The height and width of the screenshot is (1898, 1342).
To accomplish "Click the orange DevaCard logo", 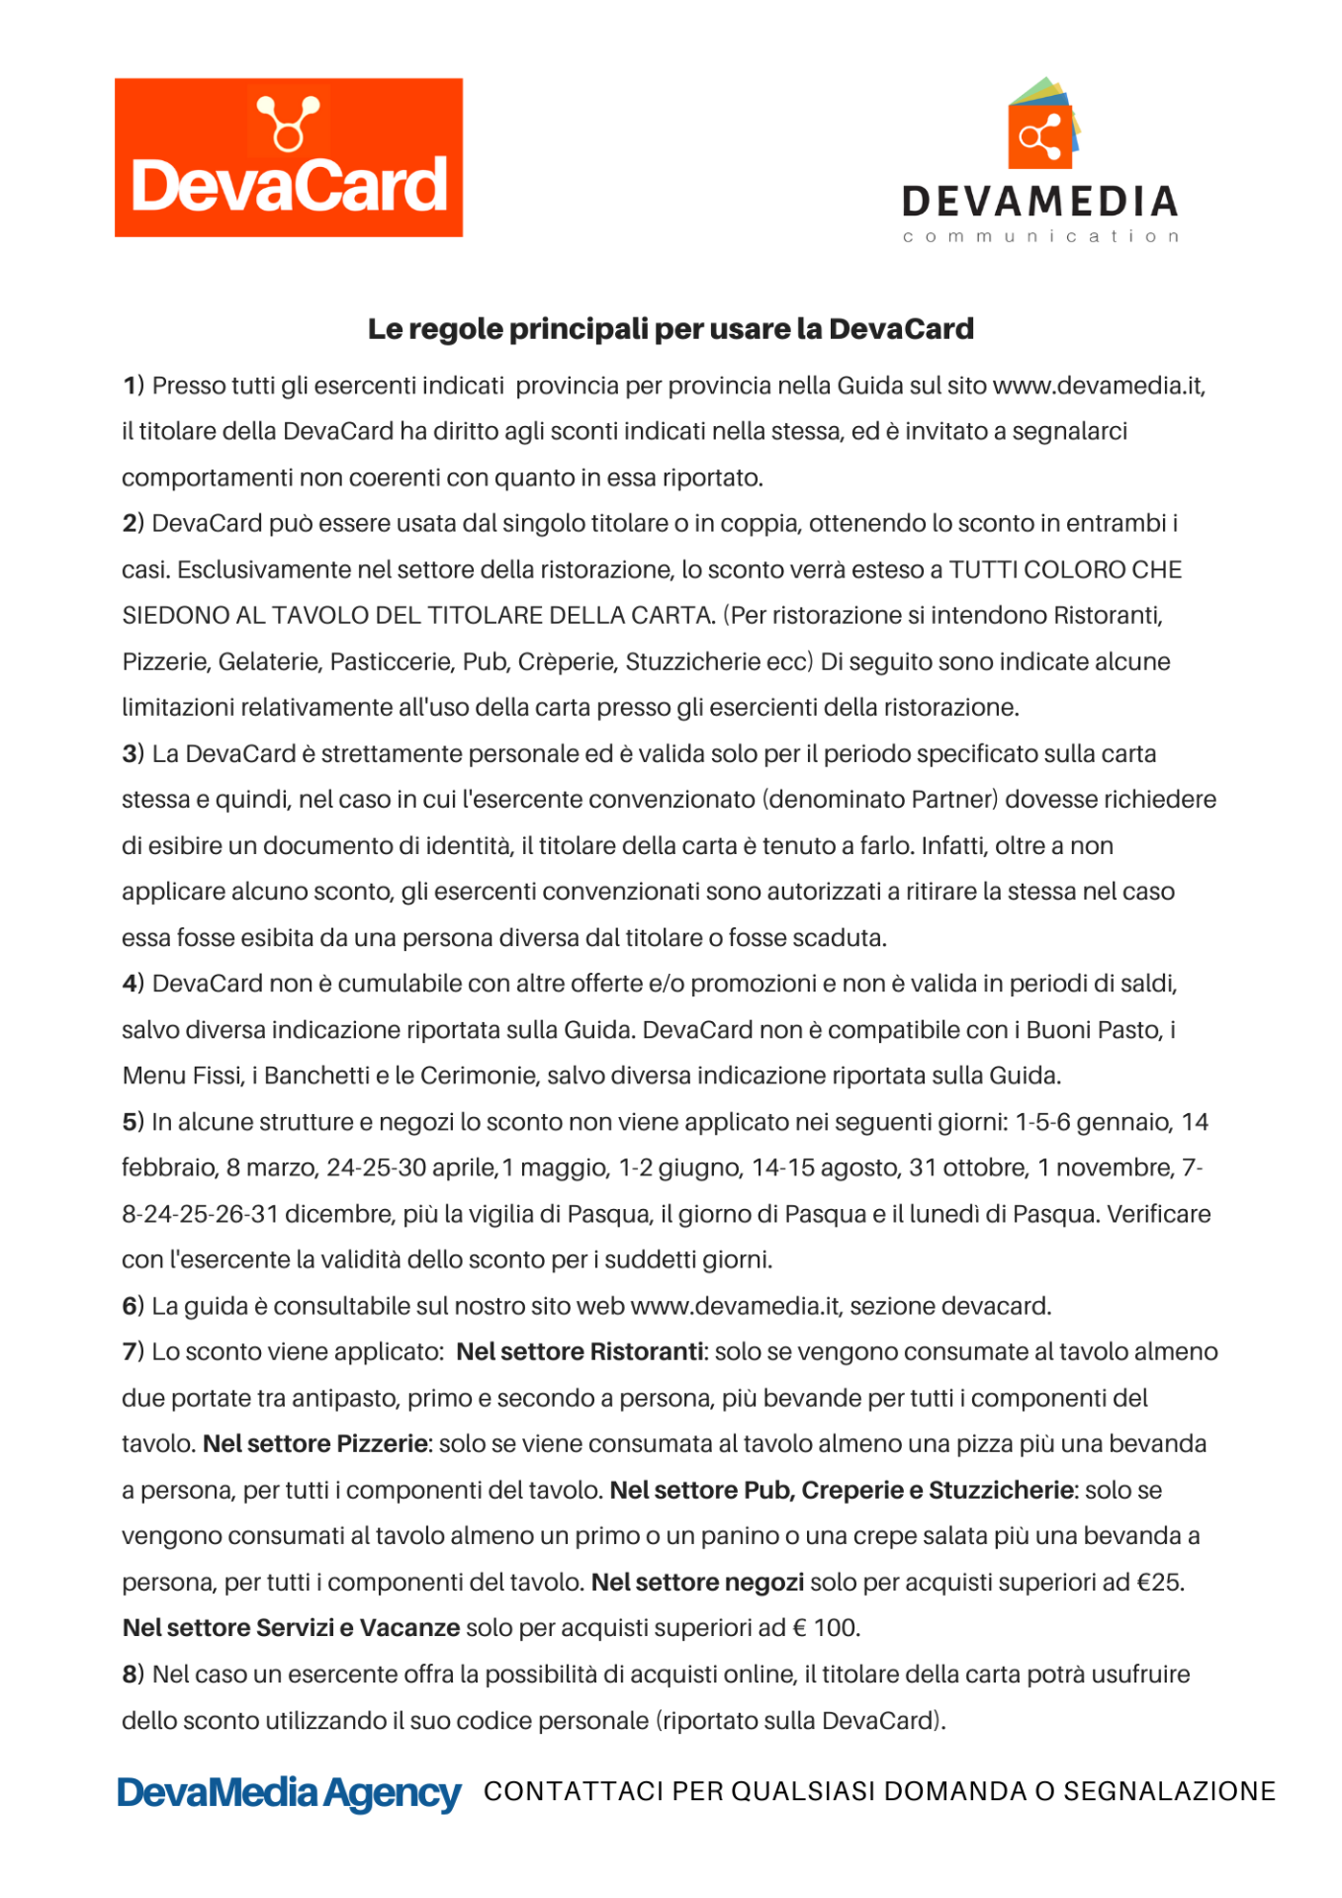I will pos(288,158).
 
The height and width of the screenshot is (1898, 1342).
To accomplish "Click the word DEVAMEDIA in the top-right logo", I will pos(1040,202).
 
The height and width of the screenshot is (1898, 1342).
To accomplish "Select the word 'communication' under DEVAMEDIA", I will pos(1040,237).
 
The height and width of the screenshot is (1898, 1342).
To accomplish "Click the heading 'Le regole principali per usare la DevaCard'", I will pos(671,329).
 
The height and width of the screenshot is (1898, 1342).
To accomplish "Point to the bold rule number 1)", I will pos(134,386).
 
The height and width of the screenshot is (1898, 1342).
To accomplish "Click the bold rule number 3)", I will pos(134,754).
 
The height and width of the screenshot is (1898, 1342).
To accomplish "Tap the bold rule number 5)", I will pos(134,1122).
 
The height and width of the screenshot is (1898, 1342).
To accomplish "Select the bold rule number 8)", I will pos(134,1675).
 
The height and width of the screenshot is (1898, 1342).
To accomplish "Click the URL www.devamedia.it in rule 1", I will pos(1098,386).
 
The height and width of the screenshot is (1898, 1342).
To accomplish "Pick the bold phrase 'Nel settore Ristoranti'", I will pos(581,1351).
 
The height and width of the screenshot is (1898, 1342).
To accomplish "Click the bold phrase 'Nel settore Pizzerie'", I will pos(315,1443).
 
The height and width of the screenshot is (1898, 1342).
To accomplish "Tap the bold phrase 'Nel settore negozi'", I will pos(697,1582).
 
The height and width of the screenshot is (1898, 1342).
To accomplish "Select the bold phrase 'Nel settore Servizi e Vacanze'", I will pos(291,1627).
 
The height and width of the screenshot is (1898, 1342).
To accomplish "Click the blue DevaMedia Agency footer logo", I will pos(289,1793).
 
